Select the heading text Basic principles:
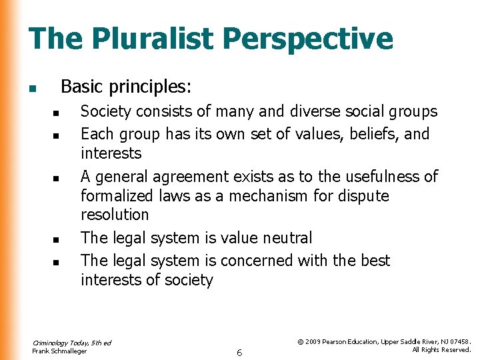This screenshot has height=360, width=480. (x=126, y=87)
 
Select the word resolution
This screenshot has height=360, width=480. (x=115, y=215)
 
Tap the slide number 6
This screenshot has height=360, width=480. (x=239, y=351)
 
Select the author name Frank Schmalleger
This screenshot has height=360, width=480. (x=59, y=351)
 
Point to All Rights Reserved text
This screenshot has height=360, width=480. (x=441, y=350)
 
